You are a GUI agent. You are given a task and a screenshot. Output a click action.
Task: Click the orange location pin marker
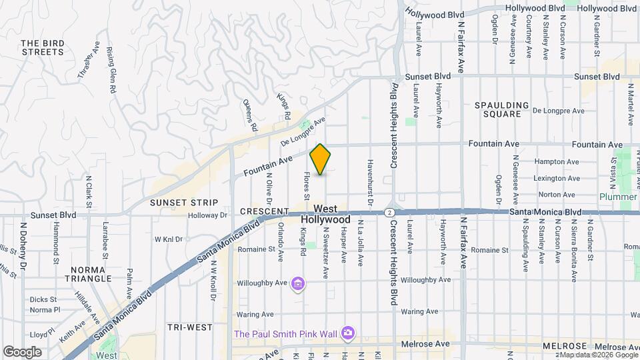pyautogui.click(x=321, y=159)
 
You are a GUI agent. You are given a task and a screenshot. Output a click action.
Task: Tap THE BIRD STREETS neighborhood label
pyautogui.click(x=43, y=47)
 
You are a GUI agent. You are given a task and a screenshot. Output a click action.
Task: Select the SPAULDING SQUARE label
pyautogui.click(x=501, y=109)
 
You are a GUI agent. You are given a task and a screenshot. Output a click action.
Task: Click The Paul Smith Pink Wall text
pyautogui.click(x=285, y=333)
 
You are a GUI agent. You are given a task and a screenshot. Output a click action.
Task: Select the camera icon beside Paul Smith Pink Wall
pyautogui.click(x=347, y=332)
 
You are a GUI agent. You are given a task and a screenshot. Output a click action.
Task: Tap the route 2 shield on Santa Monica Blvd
pyautogui.click(x=388, y=212)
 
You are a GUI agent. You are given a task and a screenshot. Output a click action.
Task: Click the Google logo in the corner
pyautogui.click(x=22, y=351)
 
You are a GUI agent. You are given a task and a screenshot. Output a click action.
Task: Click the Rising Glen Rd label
pyautogui.click(x=111, y=70)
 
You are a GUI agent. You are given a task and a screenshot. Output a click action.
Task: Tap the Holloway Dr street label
pyautogui.click(x=207, y=215)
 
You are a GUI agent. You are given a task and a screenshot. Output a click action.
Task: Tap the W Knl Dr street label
pyautogui.click(x=168, y=239)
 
